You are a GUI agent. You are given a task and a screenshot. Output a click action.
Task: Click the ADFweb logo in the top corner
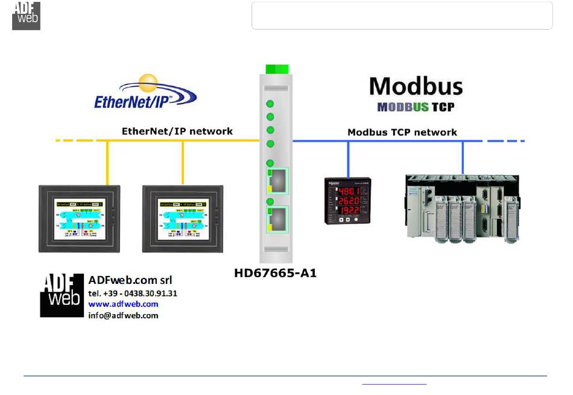(x=26, y=16)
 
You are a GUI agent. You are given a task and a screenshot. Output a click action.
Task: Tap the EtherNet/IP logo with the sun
(x=145, y=94)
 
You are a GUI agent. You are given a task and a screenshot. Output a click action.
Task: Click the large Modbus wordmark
(x=416, y=86)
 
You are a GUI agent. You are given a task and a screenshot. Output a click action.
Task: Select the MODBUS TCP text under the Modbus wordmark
(x=416, y=107)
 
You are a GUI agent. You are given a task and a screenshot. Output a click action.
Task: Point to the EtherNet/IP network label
(x=177, y=131)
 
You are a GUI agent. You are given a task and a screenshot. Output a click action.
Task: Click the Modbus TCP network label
(x=402, y=132)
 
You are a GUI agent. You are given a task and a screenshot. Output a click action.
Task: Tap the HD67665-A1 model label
(x=276, y=273)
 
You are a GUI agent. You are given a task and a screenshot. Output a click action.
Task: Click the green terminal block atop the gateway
(x=277, y=68)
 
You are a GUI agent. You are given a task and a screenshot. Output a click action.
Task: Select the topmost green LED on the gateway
(x=270, y=103)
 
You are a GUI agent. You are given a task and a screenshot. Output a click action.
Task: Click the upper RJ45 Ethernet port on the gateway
(x=278, y=180)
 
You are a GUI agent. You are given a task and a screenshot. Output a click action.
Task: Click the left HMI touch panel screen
(x=79, y=218)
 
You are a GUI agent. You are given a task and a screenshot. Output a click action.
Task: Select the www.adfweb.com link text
(x=123, y=304)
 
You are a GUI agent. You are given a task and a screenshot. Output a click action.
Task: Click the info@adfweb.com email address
(x=123, y=315)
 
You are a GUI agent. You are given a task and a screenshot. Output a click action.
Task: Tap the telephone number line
(x=133, y=293)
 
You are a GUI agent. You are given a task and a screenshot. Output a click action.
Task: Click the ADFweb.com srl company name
(x=130, y=280)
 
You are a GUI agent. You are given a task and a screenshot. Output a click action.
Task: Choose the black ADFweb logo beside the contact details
(x=61, y=295)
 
